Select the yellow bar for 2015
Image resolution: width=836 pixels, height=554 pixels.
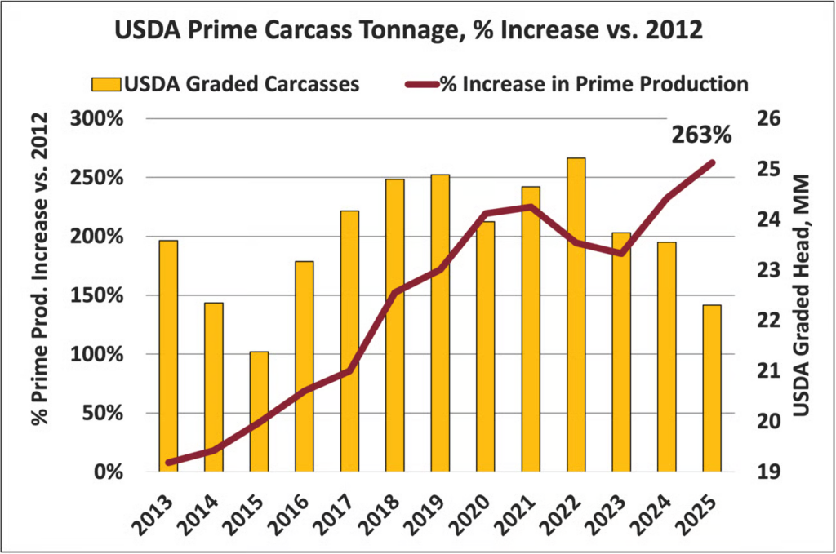(x=259, y=411)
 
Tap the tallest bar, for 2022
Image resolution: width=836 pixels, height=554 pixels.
(x=576, y=314)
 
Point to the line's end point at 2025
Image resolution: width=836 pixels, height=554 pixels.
(x=712, y=162)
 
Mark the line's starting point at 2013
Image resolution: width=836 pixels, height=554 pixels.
(x=168, y=463)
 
